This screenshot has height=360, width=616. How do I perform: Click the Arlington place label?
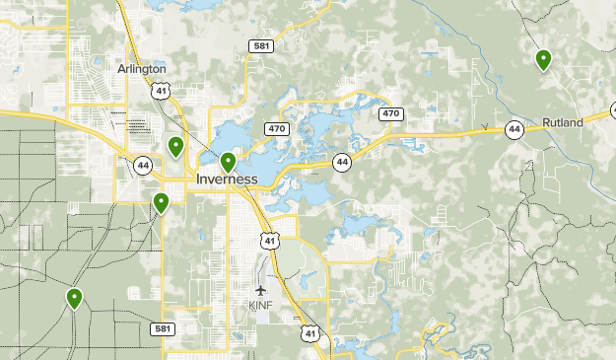(x=142, y=69)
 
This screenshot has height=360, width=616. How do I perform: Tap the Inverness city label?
(x=227, y=180)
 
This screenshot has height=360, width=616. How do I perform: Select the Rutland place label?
(x=563, y=122)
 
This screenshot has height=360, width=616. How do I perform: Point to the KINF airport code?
(x=260, y=305)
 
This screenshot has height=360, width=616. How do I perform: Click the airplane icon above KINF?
(x=260, y=290)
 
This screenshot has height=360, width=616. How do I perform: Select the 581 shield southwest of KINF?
(x=164, y=327)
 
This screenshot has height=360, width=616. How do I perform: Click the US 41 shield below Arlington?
(x=162, y=90)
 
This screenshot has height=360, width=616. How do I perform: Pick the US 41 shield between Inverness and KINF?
(x=269, y=240)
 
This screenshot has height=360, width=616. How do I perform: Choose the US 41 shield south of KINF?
(x=311, y=334)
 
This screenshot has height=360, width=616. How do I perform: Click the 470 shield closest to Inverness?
(x=276, y=128)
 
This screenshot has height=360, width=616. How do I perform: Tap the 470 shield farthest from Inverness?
(x=391, y=114)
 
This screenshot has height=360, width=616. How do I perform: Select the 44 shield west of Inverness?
(x=144, y=165)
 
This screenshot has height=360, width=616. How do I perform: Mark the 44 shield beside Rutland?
(x=513, y=129)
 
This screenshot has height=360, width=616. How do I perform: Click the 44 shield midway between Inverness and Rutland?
(x=341, y=162)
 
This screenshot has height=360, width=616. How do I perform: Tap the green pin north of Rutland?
(x=543, y=60)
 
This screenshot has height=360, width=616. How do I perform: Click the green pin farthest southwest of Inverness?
(x=74, y=298)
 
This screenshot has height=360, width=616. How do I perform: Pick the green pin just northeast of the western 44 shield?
(x=175, y=147)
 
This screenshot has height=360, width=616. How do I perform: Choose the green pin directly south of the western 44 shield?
(x=161, y=203)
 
